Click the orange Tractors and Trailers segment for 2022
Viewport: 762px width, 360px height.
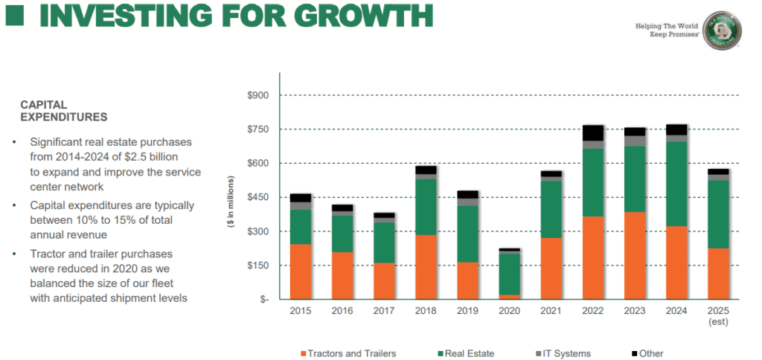click(x=593, y=257)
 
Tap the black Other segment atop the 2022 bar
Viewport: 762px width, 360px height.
click(x=593, y=132)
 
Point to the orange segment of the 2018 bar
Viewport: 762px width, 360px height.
click(x=426, y=267)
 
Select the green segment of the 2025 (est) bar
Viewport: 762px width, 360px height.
click(x=718, y=214)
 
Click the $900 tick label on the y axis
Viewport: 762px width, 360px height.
click(x=259, y=95)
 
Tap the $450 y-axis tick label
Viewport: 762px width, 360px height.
click(x=259, y=197)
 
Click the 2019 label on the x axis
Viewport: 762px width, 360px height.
click(x=468, y=312)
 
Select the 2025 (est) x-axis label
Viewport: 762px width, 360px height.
click(x=718, y=316)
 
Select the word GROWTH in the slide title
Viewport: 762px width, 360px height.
click(x=353, y=15)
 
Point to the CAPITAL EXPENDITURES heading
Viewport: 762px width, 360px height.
click(x=63, y=111)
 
